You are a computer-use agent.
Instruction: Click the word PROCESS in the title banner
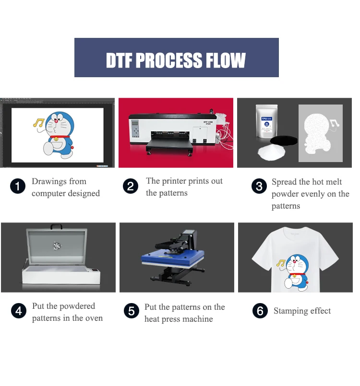pos(176,61)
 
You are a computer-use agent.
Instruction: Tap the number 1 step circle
pos(18,187)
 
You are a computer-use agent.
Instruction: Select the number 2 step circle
pos(131,187)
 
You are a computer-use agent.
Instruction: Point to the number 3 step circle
pos(259,187)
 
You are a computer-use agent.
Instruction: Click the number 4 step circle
pos(18,312)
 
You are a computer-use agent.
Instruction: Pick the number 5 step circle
pos(131,312)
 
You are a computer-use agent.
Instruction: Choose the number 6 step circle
pos(260,311)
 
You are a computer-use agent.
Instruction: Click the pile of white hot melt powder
pos(272,152)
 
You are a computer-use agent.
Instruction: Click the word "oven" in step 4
pos(93,318)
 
